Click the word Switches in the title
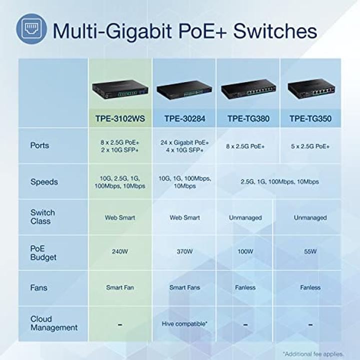click(x=276, y=30)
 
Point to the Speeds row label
click(x=44, y=182)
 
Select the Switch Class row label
click(x=43, y=217)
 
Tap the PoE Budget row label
click(x=43, y=252)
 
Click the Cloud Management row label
click(x=53, y=323)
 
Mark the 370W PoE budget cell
click(x=184, y=251)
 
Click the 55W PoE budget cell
click(x=310, y=251)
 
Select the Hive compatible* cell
click(x=184, y=323)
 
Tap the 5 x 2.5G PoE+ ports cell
click(x=310, y=146)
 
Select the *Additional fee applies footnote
click(x=313, y=353)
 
